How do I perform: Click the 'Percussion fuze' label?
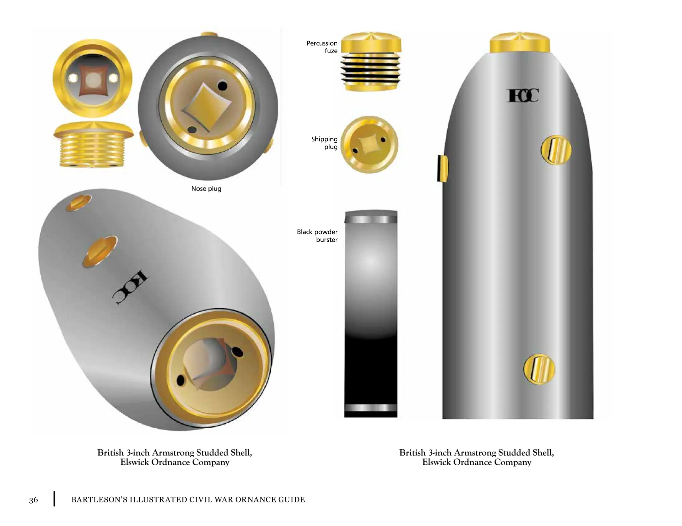point(322,47)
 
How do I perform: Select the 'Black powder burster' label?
point(317,236)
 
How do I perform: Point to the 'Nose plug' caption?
point(206,189)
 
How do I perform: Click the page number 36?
point(33,500)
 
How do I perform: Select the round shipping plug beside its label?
point(369,145)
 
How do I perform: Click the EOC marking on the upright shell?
point(522,96)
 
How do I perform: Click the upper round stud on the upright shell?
point(556,150)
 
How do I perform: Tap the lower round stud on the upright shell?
point(539,369)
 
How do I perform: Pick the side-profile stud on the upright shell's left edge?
point(442,169)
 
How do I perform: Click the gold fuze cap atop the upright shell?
point(519,43)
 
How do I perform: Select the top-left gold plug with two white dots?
point(93,79)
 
